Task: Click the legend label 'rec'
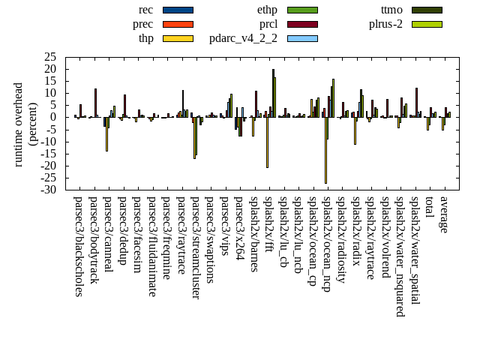[145, 10]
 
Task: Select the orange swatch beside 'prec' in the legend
[178, 24]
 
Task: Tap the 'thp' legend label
[145, 38]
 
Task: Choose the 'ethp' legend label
[267, 10]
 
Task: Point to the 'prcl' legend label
[268, 24]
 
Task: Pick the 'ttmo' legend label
[391, 10]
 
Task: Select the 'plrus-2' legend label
[385, 24]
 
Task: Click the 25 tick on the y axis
[50, 57]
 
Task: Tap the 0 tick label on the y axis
[53, 117]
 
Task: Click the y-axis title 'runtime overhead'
[19, 124]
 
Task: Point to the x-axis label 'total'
[429, 208]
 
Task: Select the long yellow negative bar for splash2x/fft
[267, 142]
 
